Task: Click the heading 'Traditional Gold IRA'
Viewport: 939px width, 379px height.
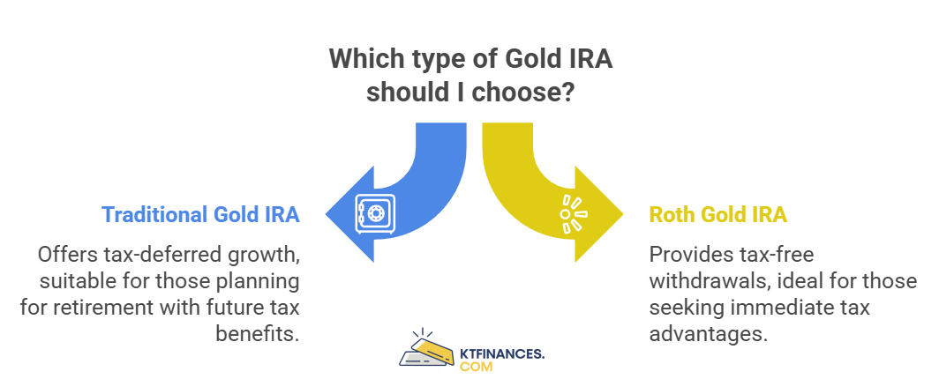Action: (x=200, y=214)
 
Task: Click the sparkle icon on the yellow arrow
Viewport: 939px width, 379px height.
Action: (x=573, y=214)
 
